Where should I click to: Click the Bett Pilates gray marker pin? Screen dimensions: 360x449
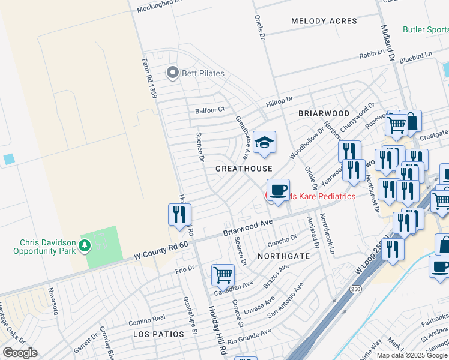[x=173, y=73]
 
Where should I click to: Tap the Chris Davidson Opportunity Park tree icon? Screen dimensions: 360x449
[x=85, y=245]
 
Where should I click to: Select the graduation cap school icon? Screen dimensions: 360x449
[x=264, y=143]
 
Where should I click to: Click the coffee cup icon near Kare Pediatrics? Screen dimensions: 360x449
[x=277, y=191]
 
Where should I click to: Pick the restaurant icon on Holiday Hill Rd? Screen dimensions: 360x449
[x=179, y=214]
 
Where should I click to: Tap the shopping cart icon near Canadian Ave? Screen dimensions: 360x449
[x=223, y=275]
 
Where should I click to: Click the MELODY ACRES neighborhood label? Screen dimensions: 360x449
[x=324, y=21]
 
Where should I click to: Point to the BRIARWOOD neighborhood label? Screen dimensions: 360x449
[x=324, y=113]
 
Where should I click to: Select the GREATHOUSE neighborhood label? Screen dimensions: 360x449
[x=244, y=169]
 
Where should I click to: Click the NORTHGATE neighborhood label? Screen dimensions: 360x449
[x=283, y=256]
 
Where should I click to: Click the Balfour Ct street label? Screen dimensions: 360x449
[x=209, y=110]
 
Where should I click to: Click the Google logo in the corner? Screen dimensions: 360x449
[x=20, y=353]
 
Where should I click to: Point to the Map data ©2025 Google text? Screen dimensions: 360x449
[x=411, y=355]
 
